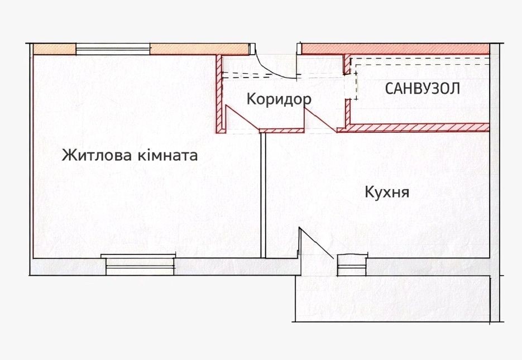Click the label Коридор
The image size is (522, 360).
point(279,99)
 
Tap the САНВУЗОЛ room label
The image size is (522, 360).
point(423,89)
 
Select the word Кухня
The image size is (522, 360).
point(387,193)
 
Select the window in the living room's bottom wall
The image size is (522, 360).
point(139,263)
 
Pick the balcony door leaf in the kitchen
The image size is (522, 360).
point(317,243)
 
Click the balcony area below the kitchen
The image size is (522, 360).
point(391,299)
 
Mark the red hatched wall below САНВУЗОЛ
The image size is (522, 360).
point(413,128)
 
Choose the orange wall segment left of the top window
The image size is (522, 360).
point(54,49)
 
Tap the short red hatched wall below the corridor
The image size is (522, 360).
point(281,131)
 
